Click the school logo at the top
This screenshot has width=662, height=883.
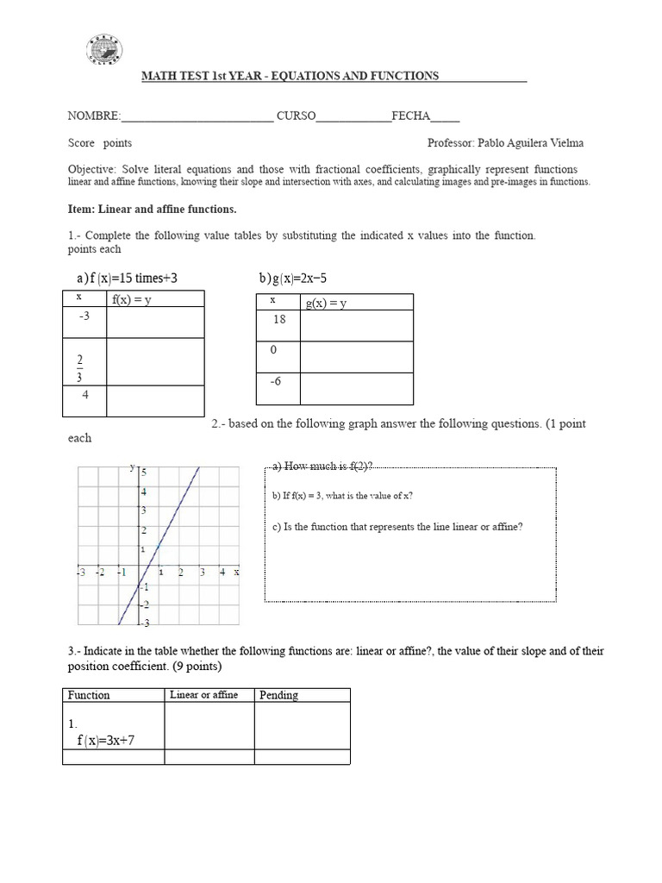(x=104, y=49)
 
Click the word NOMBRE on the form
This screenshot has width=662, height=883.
(x=93, y=116)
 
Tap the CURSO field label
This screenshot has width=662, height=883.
(x=296, y=116)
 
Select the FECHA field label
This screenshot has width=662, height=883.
(x=410, y=116)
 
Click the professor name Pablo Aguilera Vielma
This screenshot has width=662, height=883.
(x=535, y=143)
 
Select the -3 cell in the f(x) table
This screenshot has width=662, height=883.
(x=84, y=316)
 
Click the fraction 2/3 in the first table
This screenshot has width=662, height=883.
(x=80, y=366)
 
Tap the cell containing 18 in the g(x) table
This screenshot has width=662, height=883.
(x=278, y=319)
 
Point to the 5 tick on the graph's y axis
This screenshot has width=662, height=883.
(x=145, y=473)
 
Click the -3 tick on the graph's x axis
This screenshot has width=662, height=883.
(x=80, y=572)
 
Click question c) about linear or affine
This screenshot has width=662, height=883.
(x=397, y=527)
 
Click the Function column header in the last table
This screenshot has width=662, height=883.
(x=89, y=695)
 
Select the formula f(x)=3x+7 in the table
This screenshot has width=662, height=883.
(x=105, y=740)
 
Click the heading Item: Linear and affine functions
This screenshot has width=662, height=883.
(x=152, y=210)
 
